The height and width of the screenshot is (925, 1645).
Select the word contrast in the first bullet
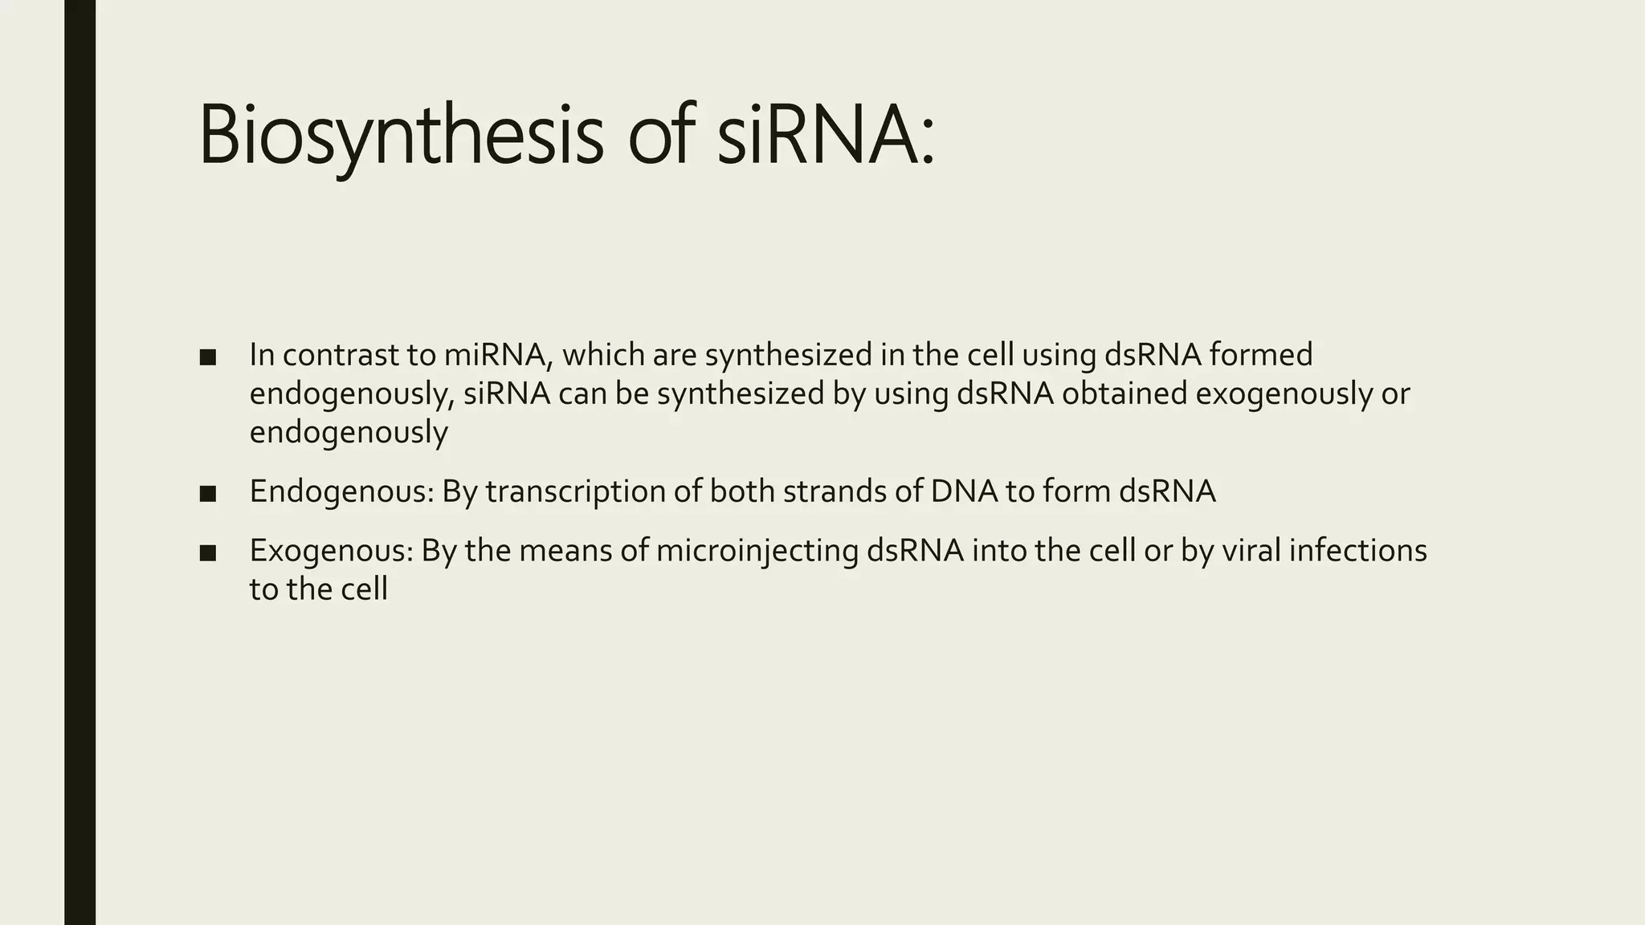346,355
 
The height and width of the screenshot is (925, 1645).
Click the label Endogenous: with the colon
342,492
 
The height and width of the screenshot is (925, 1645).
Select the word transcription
575,492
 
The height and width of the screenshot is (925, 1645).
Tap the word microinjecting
757,552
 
